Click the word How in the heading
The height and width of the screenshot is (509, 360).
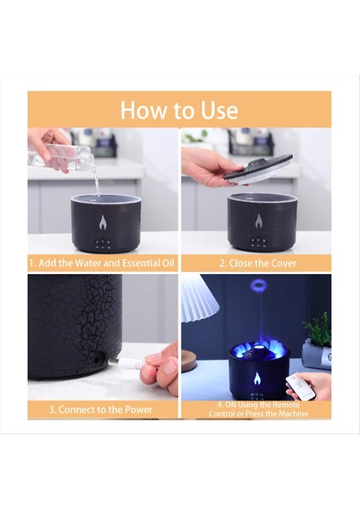[143, 110]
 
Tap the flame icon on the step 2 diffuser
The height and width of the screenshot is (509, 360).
[258, 221]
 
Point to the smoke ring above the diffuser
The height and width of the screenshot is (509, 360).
[259, 286]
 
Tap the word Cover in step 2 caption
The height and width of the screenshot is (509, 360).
[283, 263]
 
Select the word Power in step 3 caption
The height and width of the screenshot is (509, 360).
[138, 410]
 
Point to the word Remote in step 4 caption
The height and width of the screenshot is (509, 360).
[285, 405]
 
